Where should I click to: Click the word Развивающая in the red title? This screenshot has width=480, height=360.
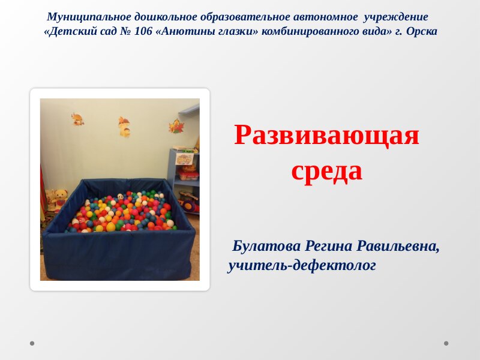coord(326,135)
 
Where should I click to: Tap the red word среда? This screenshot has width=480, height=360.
coord(326,171)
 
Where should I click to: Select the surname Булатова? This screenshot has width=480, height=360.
coord(266,246)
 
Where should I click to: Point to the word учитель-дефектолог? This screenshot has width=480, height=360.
coord(302,265)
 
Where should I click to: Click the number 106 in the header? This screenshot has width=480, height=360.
coord(143,31)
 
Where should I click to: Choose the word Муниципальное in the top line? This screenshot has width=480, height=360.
coord(89,17)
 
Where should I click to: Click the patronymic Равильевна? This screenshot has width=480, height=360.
coord(398,246)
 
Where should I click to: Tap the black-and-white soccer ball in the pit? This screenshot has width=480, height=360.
coord(121,197)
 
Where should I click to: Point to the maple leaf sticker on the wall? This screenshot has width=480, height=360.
coord(176,126)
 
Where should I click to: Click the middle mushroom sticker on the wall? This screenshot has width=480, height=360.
coord(125,127)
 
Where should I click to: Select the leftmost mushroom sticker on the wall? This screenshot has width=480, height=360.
coord(78,119)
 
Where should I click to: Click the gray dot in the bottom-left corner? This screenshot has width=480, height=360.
coord(32,343)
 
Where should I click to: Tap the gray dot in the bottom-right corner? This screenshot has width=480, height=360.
coord(446,343)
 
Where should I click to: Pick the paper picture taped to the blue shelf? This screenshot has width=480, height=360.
coord(184,159)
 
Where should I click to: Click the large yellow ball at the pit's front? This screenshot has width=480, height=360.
coord(111,227)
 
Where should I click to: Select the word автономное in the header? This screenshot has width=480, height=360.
coord(325,17)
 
